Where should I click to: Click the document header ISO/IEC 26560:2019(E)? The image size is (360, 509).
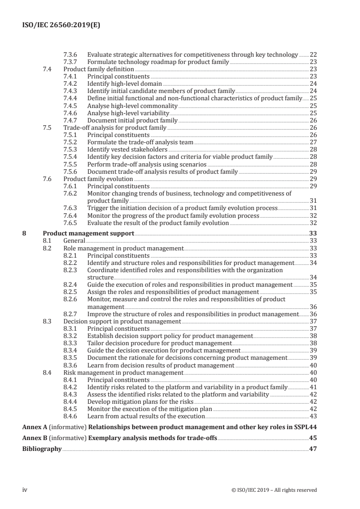(x=61, y=25)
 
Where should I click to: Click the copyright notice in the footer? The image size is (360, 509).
(x=274, y=489)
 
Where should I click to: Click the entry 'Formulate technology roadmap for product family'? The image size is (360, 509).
(x=158, y=62)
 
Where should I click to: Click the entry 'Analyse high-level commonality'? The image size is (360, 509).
(x=132, y=105)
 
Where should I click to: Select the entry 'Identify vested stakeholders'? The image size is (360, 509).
(x=127, y=149)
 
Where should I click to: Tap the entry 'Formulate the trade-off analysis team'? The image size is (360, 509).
(x=140, y=142)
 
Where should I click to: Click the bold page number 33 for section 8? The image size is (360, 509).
(x=313, y=234)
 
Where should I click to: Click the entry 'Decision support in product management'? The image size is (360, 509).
(x=122, y=321)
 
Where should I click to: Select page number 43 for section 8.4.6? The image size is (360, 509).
(x=313, y=416)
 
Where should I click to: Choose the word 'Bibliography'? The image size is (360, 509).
(x=42, y=449)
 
